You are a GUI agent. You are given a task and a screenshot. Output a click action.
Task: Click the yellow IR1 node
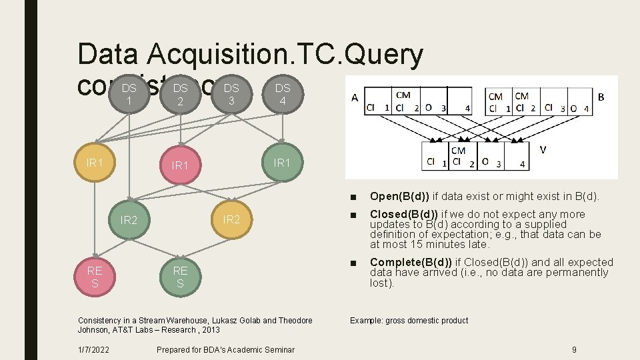pyautogui.click(x=95, y=163)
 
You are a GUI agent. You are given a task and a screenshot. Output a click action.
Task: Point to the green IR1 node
pyautogui.click(x=283, y=163)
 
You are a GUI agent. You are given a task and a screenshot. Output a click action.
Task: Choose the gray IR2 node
pyautogui.click(x=129, y=220)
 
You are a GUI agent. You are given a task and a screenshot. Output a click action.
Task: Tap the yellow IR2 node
pyautogui.click(x=231, y=219)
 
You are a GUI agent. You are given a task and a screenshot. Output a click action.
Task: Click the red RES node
pyautogui.click(x=95, y=277)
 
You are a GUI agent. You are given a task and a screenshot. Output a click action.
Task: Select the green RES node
pyautogui.click(x=180, y=277)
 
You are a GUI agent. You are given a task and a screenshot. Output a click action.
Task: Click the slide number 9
pyautogui.click(x=574, y=350)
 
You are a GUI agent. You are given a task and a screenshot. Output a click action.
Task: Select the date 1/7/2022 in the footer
pyautogui.click(x=94, y=350)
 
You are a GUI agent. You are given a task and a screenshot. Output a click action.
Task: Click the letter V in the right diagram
pyautogui.click(x=542, y=150)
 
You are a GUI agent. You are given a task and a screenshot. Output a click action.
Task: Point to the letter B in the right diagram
pyautogui.click(x=601, y=97)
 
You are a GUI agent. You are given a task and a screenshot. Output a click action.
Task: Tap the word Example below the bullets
pyautogui.click(x=367, y=321)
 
